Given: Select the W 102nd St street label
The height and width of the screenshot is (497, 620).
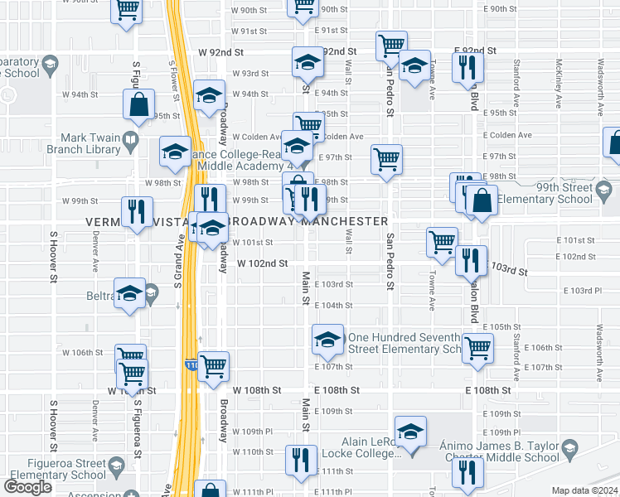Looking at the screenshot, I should click(262, 263).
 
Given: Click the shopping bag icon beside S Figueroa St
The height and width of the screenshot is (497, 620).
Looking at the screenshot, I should click(138, 105).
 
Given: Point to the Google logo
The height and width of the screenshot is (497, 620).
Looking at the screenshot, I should click(27, 487).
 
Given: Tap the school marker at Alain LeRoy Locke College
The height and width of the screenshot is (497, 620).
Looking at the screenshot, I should click(410, 431).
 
